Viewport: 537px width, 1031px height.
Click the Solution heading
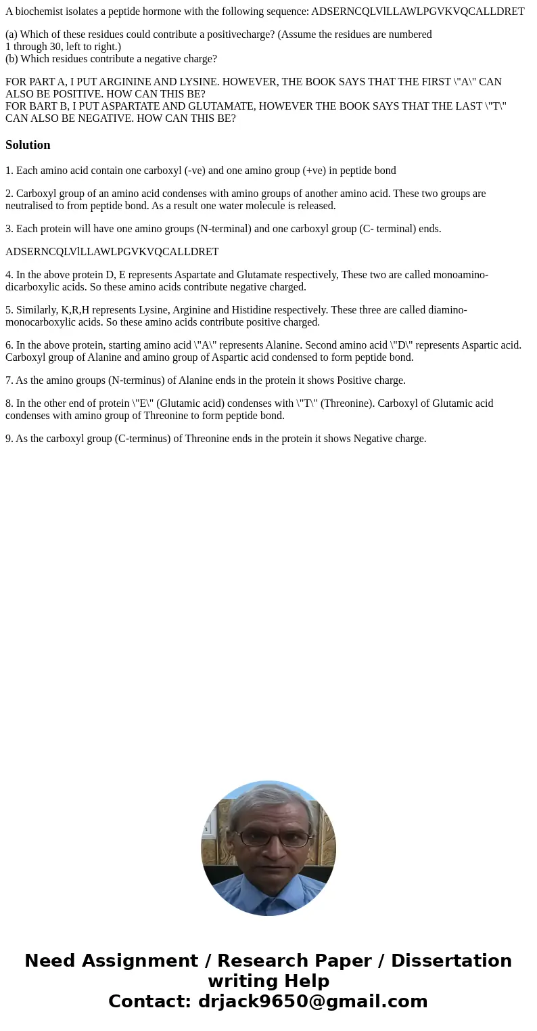pyautogui.click(x=28, y=145)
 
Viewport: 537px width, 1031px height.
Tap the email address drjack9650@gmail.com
pyautogui.click(x=312, y=1001)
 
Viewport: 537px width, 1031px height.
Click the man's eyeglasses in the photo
pyautogui.click(x=269, y=838)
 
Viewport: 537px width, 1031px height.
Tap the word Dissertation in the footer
pyautogui.click(x=451, y=961)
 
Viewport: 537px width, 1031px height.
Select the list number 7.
pyautogui.click(x=9, y=380)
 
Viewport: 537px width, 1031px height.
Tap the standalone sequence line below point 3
pyautogui.click(x=112, y=252)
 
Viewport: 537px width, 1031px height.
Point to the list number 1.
pyautogui.click(x=9, y=171)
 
